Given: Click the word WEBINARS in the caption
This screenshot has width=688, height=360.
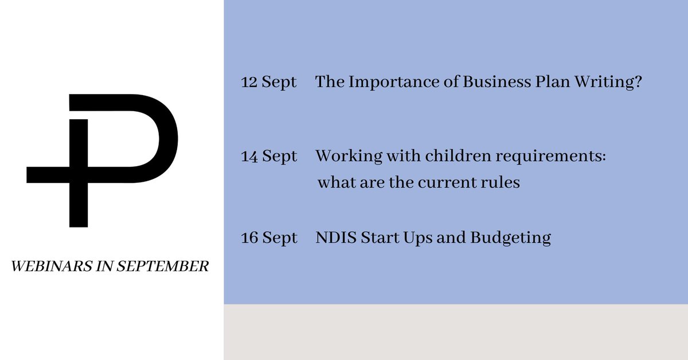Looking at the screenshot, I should (41, 267).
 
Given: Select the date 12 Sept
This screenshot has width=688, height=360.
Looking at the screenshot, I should (269, 83).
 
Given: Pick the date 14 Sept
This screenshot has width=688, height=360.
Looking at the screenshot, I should (269, 156).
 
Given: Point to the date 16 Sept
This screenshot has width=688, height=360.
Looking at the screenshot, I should (269, 237).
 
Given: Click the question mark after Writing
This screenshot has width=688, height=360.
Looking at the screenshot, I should (636, 83).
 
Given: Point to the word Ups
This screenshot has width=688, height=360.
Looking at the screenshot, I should (417, 238).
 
